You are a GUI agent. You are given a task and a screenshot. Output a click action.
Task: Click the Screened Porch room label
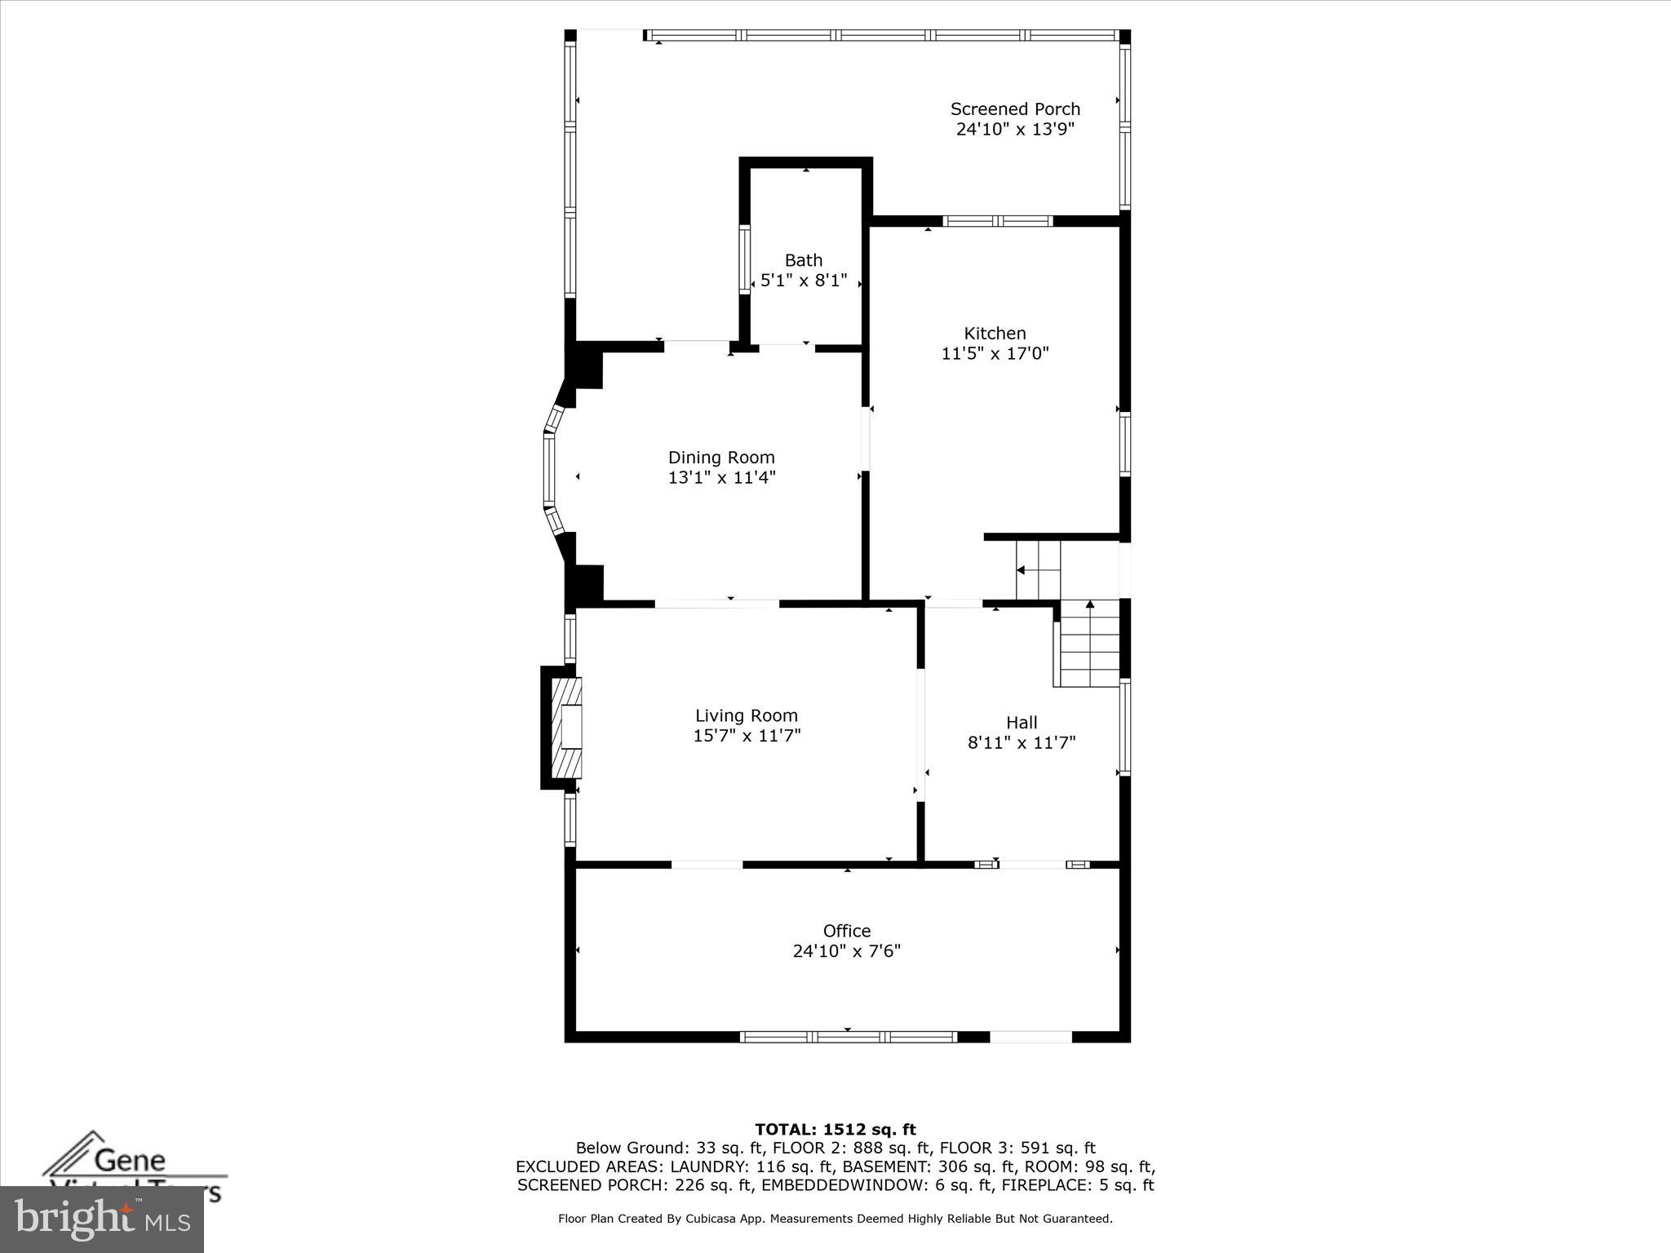click(x=1014, y=109)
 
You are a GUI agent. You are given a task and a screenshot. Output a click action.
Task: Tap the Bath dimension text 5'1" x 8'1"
click(x=804, y=281)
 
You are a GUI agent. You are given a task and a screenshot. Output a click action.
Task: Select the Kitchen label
click(x=995, y=334)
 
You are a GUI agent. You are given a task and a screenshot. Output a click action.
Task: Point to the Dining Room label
click(x=721, y=458)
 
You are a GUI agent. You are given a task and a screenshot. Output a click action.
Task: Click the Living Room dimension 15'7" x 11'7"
click(x=747, y=736)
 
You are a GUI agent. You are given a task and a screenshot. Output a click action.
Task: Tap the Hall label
click(x=1022, y=723)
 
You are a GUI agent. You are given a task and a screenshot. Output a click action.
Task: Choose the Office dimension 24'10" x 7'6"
click(x=846, y=951)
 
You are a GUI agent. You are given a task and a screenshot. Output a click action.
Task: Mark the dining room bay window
click(x=549, y=469)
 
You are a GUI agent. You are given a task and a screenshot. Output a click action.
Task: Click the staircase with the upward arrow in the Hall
click(x=1089, y=644)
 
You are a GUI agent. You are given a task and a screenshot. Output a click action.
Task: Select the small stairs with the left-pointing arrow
click(x=1038, y=570)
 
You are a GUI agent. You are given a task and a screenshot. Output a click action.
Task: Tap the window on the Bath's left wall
click(x=744, y=259)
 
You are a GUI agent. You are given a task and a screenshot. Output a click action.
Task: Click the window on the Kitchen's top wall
click(x=997, y=221)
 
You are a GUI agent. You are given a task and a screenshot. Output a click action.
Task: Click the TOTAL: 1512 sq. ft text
click(x=835, y=1130)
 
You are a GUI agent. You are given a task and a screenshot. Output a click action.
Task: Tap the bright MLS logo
click(x=101, y=1219)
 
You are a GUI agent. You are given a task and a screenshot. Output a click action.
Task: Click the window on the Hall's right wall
click(x=1124, y=726)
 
